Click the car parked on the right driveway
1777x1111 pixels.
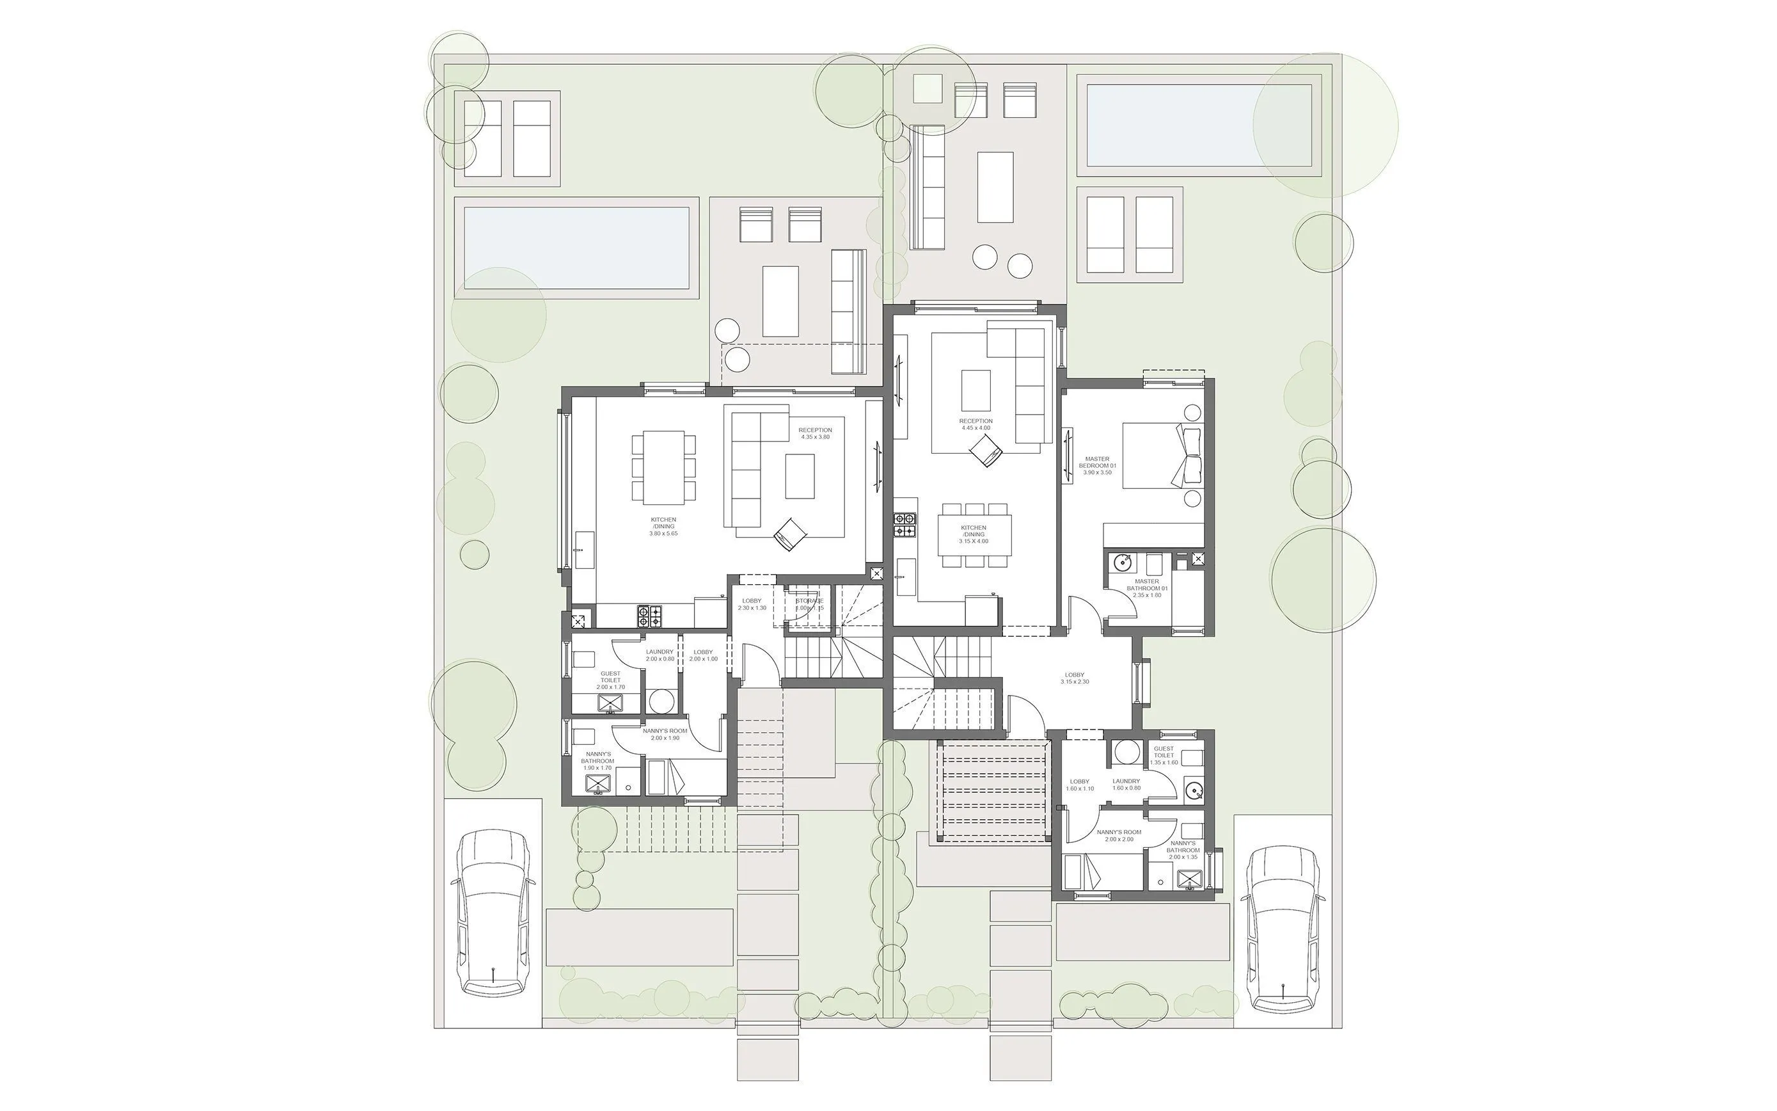point(1283,929)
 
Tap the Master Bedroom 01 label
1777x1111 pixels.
point(1097,465)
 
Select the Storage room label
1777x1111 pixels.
point(809,604)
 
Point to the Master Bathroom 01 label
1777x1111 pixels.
point(1146,588)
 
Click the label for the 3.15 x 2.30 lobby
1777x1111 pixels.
point(1074,678)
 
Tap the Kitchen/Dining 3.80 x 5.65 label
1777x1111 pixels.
point(663,526)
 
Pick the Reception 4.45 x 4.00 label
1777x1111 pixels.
point(975,424)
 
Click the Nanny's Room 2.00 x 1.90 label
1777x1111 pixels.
point(665,734)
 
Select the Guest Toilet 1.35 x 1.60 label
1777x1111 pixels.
point(1163,755)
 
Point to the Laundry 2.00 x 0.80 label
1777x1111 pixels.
point(659,655)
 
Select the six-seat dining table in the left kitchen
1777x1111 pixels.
point(664,467)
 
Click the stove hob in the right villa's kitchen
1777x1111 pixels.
point(904,525)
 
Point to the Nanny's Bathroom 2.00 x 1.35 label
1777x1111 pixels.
point(1182,850)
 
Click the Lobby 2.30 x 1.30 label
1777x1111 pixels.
point(751,604)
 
